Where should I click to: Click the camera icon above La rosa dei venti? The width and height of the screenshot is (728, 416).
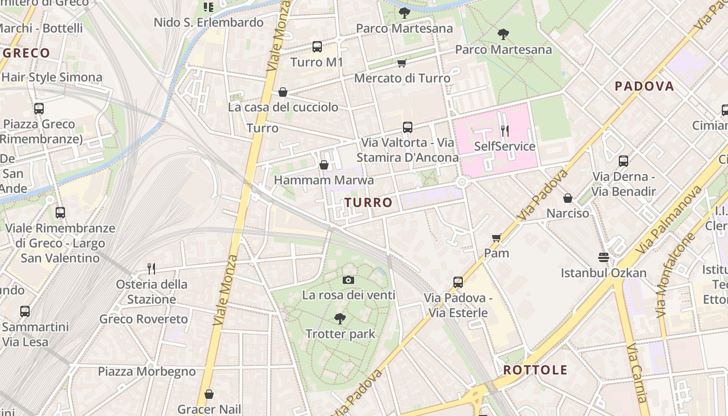(348, 280)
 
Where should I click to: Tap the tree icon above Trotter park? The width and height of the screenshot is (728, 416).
(340, 318)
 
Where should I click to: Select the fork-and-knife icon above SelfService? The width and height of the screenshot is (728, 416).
(504, 131)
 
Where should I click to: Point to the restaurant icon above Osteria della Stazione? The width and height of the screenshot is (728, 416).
(151, 268)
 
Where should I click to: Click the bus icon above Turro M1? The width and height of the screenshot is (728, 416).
(317, 47)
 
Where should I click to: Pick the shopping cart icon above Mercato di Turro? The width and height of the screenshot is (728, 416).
(401, 63)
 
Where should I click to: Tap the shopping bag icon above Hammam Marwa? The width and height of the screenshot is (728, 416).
(324, 165)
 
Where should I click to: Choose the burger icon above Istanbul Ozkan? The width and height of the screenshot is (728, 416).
(603, 257)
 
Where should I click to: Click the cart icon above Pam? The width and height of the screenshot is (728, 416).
(497, 238)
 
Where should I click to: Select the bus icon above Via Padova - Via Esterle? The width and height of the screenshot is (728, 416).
(458, 282)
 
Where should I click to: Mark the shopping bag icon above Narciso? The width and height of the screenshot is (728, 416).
(568, 198)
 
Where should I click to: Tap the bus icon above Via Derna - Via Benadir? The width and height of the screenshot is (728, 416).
(623, 161)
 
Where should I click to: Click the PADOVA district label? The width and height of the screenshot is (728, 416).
(644, 86)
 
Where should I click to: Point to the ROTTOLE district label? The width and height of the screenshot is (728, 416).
(535, 370)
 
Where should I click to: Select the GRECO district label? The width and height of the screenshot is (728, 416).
(26, 53)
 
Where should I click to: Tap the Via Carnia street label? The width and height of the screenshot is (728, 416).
(637, 372)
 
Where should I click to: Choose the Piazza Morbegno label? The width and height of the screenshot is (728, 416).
(147, 372)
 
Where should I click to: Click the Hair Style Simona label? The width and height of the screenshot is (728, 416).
(51, 77)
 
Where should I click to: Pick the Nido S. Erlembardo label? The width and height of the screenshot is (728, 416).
(209, 22)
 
